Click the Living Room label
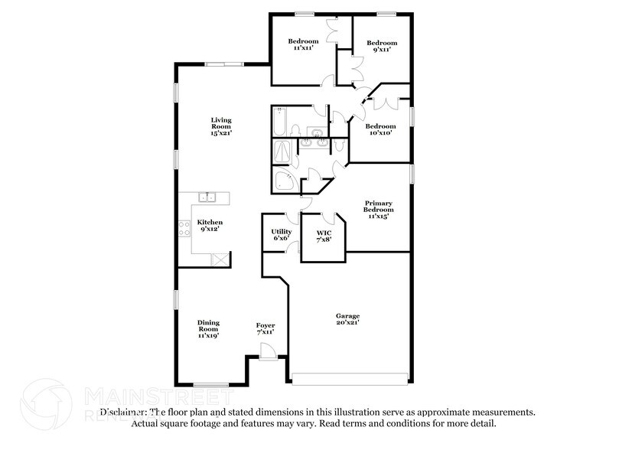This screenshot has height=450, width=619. coord(221,126)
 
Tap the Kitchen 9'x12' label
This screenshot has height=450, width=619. coord(211,227)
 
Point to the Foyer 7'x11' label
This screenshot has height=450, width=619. coord(265,330)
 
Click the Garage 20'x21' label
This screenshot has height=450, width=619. coord(347,319)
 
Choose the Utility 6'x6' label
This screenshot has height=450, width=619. coord(282,235)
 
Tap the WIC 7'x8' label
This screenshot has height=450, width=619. coord(324,235)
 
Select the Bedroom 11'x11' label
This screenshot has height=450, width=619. coord(302,44)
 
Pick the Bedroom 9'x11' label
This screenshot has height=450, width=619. coord(381,46)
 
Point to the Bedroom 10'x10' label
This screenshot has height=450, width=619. coord(380,129)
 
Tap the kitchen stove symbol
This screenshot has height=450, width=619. coord(184,227)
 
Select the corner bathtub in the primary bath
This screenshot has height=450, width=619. coord(285,181)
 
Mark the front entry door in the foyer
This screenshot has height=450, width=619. coord(267,352)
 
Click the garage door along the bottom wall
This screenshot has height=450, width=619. coord(350,377)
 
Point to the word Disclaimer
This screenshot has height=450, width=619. coord(122,412)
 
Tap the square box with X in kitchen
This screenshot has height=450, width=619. coord(219,259)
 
